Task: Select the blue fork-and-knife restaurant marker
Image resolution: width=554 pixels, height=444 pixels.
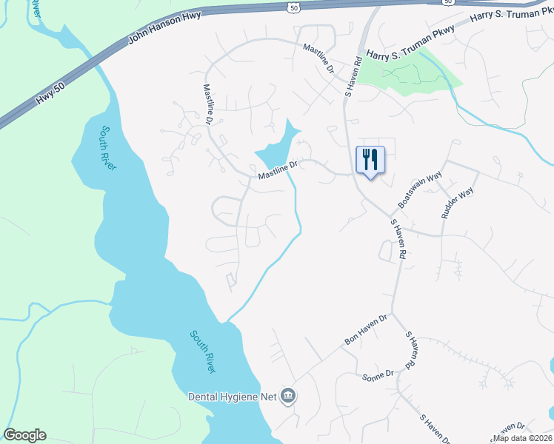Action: (x=370, y=160)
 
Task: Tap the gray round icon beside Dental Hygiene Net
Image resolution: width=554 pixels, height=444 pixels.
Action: (x=289, y=397)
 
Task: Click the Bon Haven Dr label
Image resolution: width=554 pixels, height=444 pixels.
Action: (x=366, y=330)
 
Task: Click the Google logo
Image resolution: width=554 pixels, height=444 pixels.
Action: (x=24, y=435)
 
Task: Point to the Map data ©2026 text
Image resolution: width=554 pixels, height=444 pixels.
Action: (x=521, y=438)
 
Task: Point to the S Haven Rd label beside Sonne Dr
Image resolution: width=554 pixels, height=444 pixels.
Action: (x=410, y=350)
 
